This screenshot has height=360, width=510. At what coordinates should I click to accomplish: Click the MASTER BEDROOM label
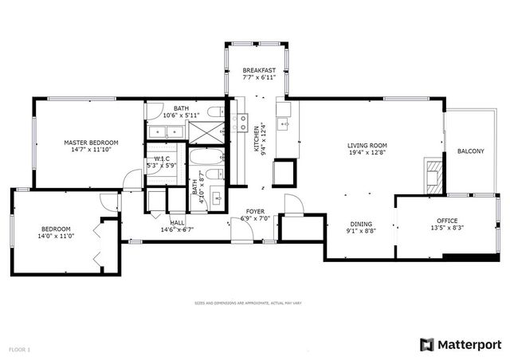point(90,143)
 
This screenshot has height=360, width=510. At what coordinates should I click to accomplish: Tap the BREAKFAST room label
point(260,71)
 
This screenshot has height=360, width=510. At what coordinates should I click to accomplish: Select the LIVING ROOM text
point(367,145)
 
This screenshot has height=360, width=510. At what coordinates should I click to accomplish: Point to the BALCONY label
point(470,151)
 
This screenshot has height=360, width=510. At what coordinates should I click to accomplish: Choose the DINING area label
point(362,224)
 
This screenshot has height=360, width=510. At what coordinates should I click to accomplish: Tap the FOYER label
point(255,213)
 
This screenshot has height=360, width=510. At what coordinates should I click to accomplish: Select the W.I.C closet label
point(163,158)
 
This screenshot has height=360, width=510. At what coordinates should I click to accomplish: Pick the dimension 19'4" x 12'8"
point(367,152)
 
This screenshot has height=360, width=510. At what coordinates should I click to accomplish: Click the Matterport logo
point(460,344)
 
